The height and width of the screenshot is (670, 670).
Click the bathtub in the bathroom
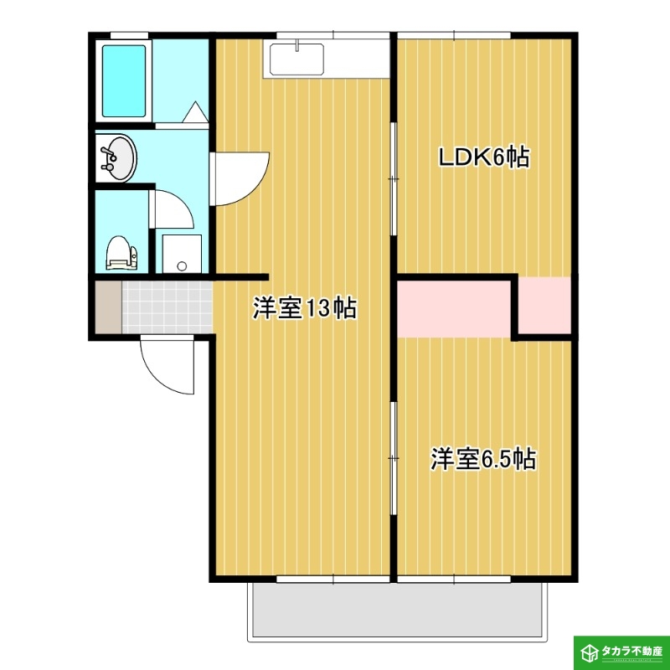coord(124,81)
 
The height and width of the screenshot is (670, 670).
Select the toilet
coord(121,253)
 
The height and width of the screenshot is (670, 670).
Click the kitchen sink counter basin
coord(296,59)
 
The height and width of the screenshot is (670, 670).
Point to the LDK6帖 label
coord(485,157)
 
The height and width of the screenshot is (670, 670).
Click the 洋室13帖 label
coord(305,307)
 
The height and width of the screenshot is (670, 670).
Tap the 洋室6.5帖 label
coord(483,459)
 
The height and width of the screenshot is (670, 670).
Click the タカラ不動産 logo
coord(621,652)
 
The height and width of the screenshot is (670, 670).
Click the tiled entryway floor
coord(167,307)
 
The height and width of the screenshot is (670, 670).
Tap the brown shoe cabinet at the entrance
coord(109,307)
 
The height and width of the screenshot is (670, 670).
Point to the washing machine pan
coord(182,254)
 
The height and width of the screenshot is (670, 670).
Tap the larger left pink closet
coord(454,309)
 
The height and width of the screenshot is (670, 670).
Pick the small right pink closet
coord(545,305)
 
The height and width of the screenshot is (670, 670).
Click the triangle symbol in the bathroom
coord(195,112)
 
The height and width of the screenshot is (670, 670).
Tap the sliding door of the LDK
coord(394,178)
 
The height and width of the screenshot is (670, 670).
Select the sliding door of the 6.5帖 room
coord(394,458)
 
